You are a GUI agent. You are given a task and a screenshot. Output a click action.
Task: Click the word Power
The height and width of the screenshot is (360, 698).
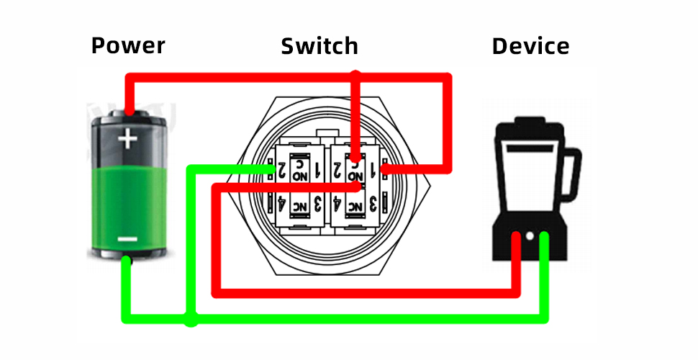coord(128,46)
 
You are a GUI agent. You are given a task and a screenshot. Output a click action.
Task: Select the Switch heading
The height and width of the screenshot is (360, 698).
coord(319,46)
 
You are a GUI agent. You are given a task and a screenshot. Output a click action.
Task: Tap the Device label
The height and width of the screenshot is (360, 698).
coord(530,46)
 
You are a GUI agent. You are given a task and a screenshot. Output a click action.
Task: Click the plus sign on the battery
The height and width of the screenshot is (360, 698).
coord(127,138)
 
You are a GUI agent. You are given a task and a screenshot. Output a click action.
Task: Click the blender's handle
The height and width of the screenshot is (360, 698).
coord(571,176)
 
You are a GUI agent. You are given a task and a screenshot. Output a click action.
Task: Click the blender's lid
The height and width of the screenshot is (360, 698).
coord(527,131)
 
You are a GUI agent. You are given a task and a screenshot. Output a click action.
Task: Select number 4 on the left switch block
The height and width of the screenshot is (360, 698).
coord(281,204)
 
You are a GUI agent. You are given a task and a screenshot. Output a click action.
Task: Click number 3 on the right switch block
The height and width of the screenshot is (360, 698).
coord(373,204)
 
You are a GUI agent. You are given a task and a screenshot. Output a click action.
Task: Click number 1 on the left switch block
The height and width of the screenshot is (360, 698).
coord(317,171)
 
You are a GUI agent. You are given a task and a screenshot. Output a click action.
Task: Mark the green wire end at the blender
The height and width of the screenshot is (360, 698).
coord(544,238)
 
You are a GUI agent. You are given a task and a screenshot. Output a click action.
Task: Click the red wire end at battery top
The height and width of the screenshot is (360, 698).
coord(128,112)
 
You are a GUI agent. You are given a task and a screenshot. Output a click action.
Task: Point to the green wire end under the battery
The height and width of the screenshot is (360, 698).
coord(126,261)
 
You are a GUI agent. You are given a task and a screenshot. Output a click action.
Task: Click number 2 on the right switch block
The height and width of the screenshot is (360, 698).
coord(337,171)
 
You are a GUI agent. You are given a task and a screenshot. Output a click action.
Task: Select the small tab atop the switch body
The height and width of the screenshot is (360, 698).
coord(327,132)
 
